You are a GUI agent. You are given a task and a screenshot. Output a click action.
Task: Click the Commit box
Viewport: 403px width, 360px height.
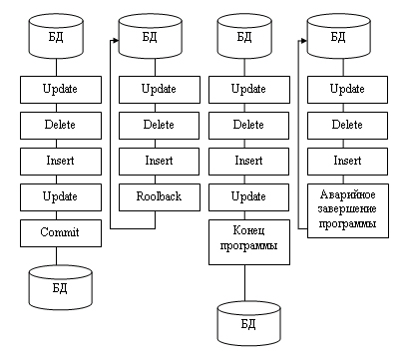click(x=61, y=233)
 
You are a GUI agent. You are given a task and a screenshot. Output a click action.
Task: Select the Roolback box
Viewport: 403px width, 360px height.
click(x=160, y=197)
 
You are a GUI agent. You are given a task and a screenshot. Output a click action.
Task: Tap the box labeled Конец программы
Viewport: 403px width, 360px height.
click(x=249, y=242)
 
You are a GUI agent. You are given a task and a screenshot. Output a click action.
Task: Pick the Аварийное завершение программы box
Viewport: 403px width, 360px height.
click(x=348, y=210)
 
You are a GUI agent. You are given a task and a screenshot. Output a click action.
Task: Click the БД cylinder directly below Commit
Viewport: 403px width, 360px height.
click(x=60, y=288)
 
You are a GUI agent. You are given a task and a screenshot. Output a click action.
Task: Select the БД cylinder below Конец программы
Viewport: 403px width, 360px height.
click(x=249, y=323)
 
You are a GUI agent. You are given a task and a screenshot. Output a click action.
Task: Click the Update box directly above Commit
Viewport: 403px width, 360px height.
click(x=61, y=197)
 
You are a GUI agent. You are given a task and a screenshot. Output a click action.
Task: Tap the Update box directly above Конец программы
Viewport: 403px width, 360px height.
click(x=249, y=197)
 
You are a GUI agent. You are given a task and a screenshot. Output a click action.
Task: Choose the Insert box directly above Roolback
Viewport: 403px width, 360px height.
click(x=160, y=162)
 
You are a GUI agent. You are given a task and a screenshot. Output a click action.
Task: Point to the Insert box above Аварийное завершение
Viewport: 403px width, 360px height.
click(x=347, y=162)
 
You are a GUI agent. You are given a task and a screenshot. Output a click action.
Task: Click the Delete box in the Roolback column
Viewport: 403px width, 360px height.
click(x=160, y=126)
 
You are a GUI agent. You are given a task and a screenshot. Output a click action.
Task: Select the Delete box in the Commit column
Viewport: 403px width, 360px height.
click(x=61, y=126)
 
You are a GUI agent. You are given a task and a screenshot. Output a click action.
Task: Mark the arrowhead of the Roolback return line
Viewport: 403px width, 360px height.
click(x=116, y=41)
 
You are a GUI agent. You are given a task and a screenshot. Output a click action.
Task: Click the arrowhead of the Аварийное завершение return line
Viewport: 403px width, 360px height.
click(x=304, y=41)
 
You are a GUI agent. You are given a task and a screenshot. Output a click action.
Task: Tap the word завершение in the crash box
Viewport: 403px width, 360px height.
click(x=347, y=209)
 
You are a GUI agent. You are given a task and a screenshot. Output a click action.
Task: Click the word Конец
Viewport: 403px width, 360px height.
click(x=249, y=230)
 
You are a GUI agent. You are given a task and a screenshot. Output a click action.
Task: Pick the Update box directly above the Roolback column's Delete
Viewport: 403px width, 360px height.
click(x=160, y=90)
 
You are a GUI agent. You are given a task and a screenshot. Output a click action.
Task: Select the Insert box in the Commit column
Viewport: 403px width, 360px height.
click(x=61, y=162)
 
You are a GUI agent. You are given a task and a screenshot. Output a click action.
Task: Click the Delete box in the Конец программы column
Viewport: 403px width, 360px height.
click(x=249, y=126)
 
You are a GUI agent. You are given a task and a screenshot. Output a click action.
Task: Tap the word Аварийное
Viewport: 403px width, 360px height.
click(x=348, y=194)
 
